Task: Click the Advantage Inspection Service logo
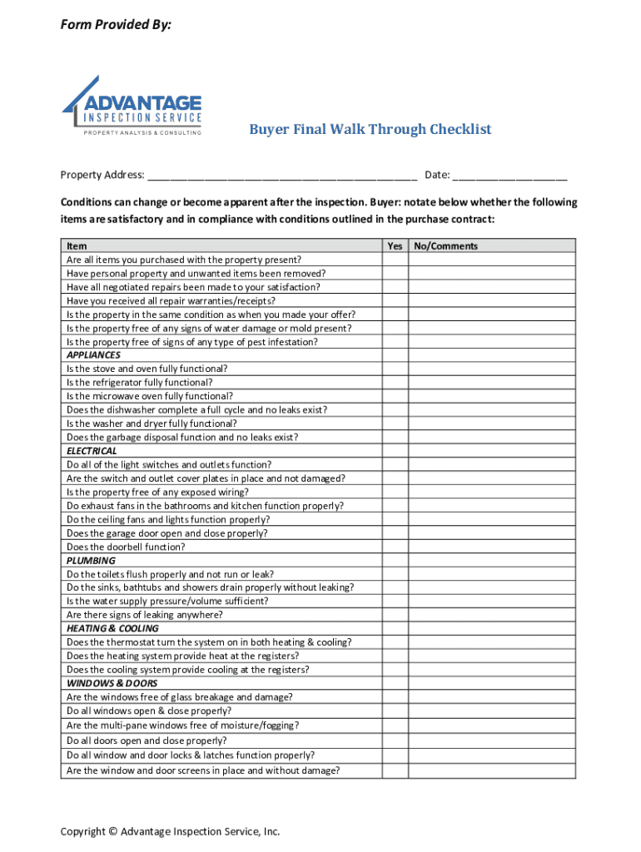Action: (132, 106)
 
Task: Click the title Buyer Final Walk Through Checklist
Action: (370, 129)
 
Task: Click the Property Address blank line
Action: (282, 176)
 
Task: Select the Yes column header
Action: (395, 246)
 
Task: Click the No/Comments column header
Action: (446, 246)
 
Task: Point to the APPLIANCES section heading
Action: (93, 355)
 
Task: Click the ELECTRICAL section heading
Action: (92, 451)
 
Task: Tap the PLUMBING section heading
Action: (91, 561)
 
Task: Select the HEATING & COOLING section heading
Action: (112, 629)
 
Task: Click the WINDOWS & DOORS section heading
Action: (112, 683)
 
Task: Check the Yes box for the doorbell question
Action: (395, 547)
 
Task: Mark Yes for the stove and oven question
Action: (395, 369)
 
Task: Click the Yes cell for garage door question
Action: (395, 533)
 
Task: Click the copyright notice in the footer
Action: (170, 831)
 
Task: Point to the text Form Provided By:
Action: (116, 26)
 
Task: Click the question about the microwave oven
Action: (150, 396)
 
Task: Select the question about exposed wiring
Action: (162, 492)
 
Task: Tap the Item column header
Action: (77, 246)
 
